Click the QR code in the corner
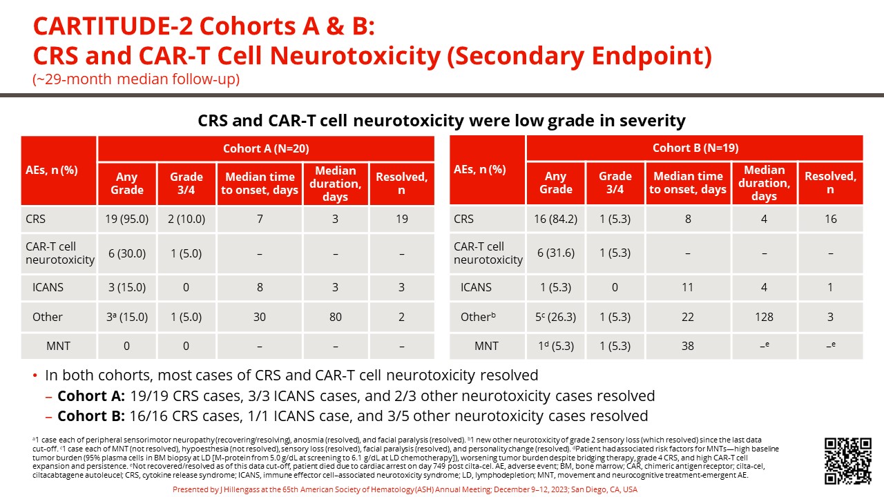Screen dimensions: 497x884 (848, 460)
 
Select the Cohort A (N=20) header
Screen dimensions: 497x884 (266, 148)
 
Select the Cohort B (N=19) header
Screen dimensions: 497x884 (695, 148)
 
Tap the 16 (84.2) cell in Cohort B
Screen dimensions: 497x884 (555, 219)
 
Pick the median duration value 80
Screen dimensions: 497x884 (335, 317)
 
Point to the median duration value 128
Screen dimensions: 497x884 (764, 317)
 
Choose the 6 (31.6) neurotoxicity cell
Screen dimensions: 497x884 (555, 253)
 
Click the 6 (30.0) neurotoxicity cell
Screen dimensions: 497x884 (127, 253)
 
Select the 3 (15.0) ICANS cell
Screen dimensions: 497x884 (127, 287)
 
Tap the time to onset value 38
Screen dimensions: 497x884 (688, 346)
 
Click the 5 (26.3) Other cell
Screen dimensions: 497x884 (555, 317)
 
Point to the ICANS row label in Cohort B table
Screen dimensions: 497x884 (476, 287)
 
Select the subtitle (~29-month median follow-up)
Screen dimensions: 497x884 (136, 79)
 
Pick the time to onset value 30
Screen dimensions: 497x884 (259, 317)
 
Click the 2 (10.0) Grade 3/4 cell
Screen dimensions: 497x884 (186, 219)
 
